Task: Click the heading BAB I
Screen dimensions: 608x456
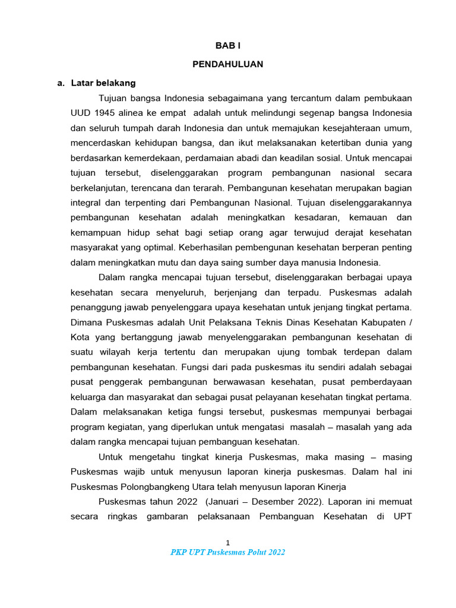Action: tap(227, 46)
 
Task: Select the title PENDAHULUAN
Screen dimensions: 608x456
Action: tap(227, 64)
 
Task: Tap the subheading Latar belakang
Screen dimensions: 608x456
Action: tap(103, 83)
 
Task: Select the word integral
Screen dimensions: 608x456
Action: tap(85, 202)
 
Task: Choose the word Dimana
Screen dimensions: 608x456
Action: tap(87, 322)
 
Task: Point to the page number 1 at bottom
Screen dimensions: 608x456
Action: tap(227, 541)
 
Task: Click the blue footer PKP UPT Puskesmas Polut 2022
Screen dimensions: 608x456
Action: tap(227, 552)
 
